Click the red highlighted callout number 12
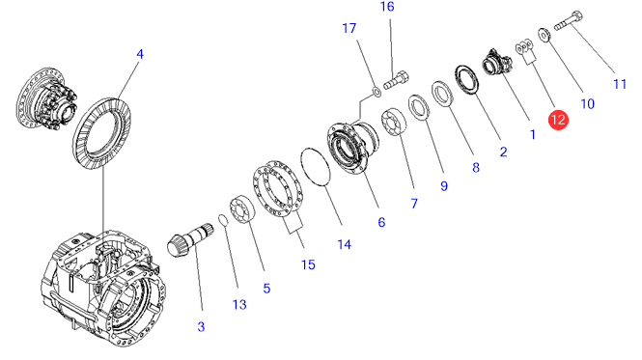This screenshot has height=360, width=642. point(558,120)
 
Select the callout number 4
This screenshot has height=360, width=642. point(140,54)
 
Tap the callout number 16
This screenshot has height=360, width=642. point(387,7)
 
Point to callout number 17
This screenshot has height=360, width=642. point(349,29)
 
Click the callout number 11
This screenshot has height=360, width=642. point(620,84)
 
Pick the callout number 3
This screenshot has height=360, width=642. point(201,327)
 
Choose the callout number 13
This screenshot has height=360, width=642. point(239,305)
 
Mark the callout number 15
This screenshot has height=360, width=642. point(308,265)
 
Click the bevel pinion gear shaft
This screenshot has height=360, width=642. point(191,240)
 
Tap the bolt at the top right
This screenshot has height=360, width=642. point(569,21)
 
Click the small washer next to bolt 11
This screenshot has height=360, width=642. point(544,35)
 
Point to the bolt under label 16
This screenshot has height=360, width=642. point(396,80)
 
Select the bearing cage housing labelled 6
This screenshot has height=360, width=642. point(352,148)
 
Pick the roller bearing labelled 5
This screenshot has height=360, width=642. point(242,209)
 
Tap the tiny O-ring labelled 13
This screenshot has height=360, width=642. point(223,220)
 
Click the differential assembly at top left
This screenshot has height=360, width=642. point(46,99)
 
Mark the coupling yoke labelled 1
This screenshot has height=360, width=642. point(496,63)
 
